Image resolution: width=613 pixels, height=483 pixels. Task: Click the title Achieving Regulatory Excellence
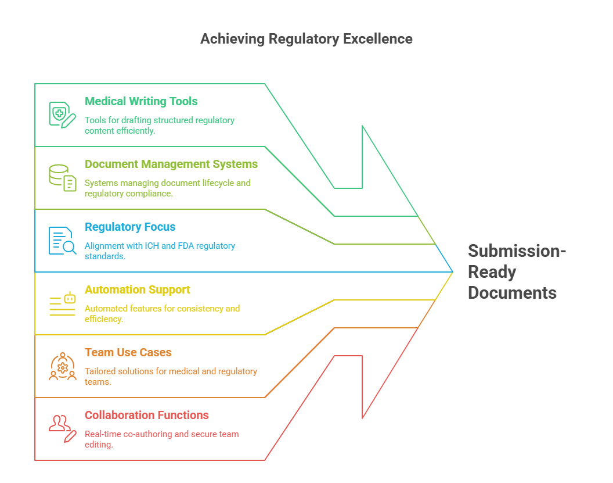click(x=306, y=39)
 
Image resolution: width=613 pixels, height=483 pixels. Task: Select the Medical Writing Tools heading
click(x=141, y=101)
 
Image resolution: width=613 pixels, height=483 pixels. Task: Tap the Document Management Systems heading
click(x=171, y=164)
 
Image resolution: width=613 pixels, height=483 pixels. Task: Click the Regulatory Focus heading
click(x=130, y=227)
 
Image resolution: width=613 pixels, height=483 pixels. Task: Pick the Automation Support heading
click(x=138, y=289)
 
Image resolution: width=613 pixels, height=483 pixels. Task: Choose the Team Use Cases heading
click(x=128, y=352)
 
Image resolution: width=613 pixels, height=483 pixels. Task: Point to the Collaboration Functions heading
click(x=147, y=415)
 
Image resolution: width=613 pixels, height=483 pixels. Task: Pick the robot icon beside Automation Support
click(x=63, y=303)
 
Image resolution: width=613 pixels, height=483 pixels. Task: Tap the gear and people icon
click(x=62, y=366)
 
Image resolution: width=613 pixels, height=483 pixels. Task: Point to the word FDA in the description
click(x=185, y=246)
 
